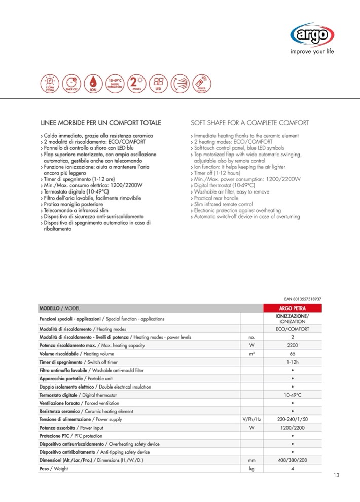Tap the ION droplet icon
[93, 83]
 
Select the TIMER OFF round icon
[71, 83]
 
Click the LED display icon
[158, 83]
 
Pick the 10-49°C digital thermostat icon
[115, 83]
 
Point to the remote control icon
[202, 83]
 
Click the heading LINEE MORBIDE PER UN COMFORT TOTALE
[100, 123]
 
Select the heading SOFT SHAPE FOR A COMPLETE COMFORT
[249, 123]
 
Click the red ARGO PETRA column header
[293, 307]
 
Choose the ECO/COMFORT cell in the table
[293, 329]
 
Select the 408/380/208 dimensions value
[293, 460]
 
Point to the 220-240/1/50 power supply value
[293, 419]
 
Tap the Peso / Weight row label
[53, 469]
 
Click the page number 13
[337, 475]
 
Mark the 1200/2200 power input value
[293, 428]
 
